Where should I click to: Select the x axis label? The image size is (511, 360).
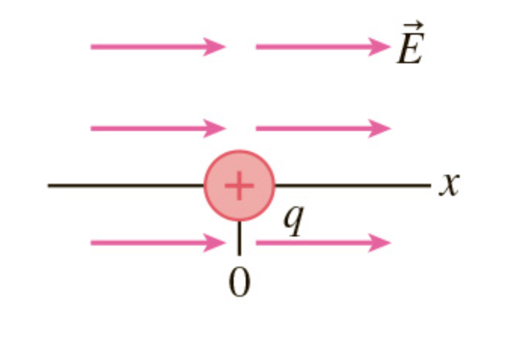(449, 185)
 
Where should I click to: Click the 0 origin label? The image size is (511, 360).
(239, 283)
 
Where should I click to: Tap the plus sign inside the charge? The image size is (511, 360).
(239, 185)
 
